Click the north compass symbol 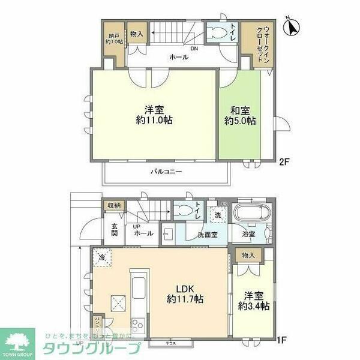293,27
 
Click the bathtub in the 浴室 253,214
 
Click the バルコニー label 166,172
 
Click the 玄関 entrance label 114,230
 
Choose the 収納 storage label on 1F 114,206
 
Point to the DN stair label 194,49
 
